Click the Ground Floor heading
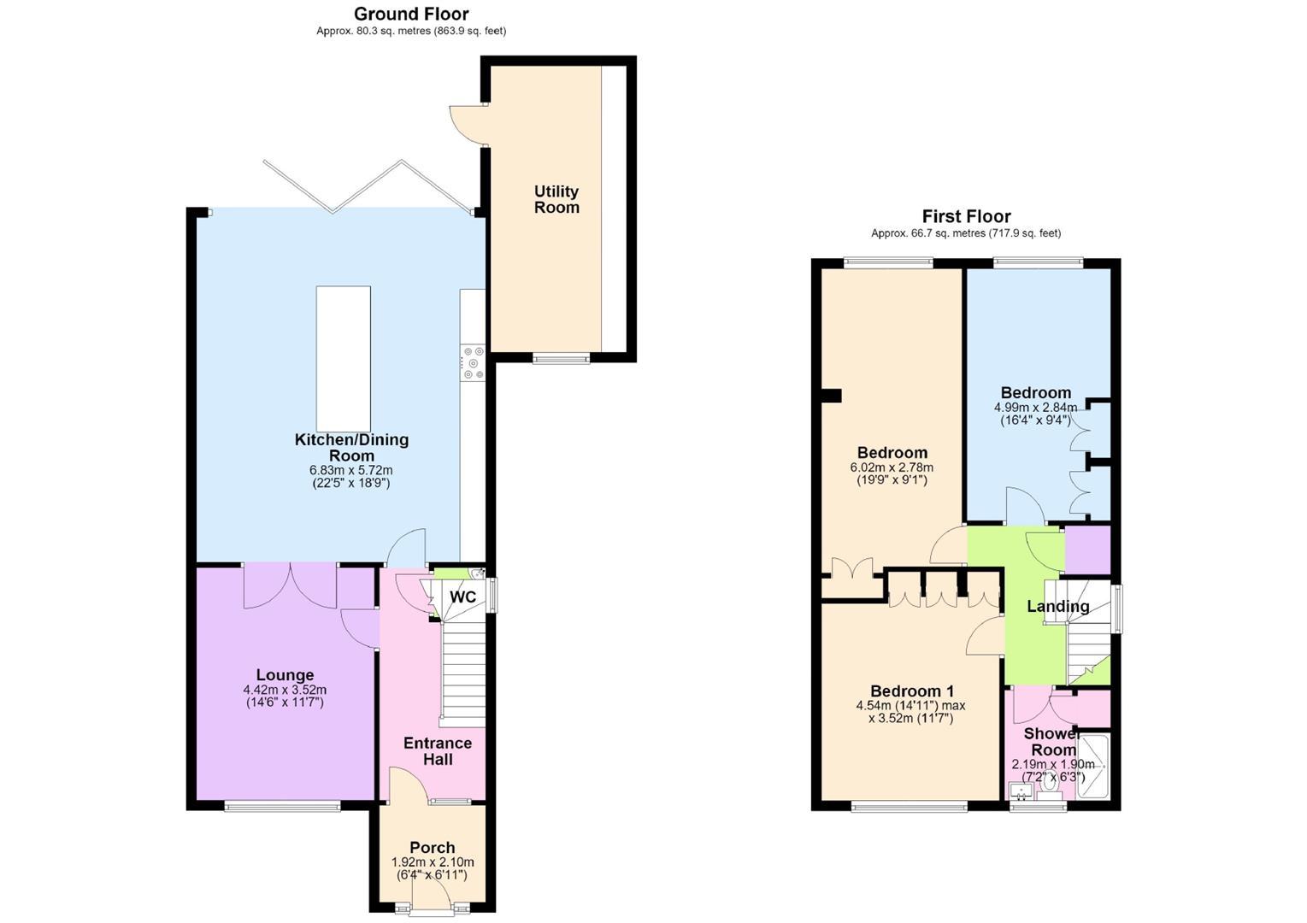click(411, 14)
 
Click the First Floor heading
click(966, 216)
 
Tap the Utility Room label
click(556, 199)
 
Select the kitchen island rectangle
click(343, 359)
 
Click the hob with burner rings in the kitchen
click(473, 363)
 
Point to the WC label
click(462, 597)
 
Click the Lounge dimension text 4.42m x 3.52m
click(285, 690)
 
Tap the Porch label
click(433, 847)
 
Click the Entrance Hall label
click(438, 751)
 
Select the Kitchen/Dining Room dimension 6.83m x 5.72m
click(351, 470)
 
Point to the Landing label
click(1058, 606)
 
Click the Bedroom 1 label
click(913, 691)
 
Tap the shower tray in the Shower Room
click(1092, 767)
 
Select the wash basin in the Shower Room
click(1021, 791)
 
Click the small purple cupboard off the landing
click(1088, 550)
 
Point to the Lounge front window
click(282, 806)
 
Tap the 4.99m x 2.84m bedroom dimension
click(1036, 408)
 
